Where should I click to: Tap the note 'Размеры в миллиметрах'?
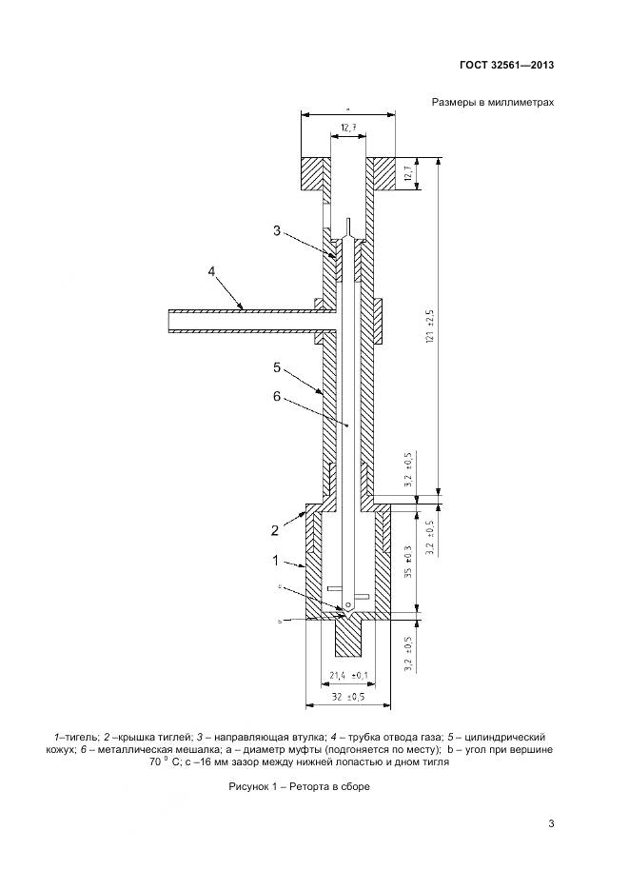493,104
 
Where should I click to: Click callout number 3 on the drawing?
276,231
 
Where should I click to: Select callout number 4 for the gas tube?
212,273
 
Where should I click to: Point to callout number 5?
276,366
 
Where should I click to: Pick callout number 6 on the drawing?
276,398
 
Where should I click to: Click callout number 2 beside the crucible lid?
273,528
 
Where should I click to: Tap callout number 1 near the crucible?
275,560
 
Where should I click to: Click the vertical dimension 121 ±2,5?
429,326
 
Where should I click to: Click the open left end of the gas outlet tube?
169,319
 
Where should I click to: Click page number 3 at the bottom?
551,823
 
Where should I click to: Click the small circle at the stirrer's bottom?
349,603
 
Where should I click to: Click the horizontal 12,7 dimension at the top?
348,126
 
